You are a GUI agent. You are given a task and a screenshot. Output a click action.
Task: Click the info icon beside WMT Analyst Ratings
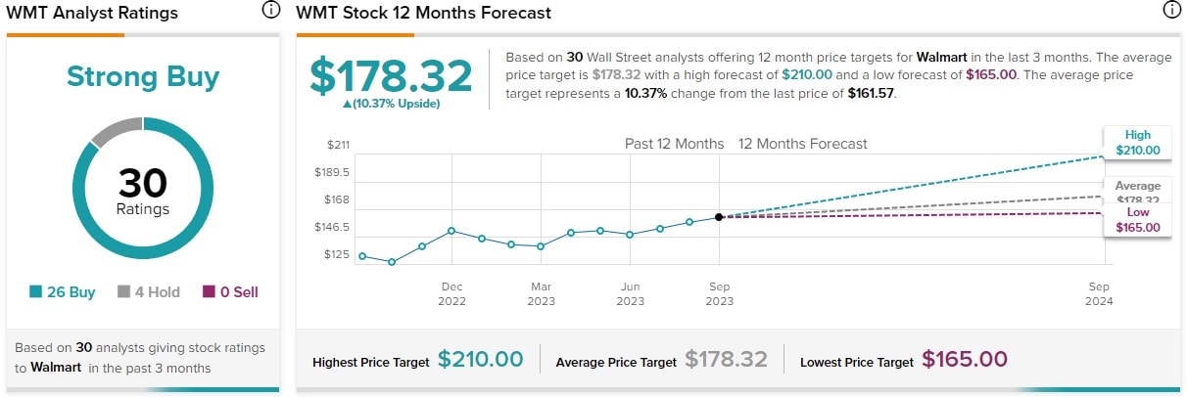[x=270, y=12]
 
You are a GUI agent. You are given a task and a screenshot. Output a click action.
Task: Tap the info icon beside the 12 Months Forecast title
[x=1171, y=12]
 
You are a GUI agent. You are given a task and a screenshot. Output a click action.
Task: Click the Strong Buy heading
[x=143, y=77]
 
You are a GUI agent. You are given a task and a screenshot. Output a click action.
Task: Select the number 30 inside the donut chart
[x=143, y=183]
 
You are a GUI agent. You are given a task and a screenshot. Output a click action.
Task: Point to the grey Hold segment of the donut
[x=116, y=130]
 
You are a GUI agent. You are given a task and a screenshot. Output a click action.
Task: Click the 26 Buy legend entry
[x=63, y=291]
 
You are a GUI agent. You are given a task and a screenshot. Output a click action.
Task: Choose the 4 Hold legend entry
[x=148, y=291]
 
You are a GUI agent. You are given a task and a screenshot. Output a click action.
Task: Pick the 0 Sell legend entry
[x=230, y=291]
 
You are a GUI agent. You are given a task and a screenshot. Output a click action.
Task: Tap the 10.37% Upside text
[x=391, y=104]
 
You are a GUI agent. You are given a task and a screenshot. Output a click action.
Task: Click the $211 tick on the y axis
[x=337, y=145]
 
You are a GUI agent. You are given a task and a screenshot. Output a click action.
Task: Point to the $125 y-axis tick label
[x=337, y=254]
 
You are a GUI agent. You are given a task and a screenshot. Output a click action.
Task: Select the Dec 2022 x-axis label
[x=451, y=293]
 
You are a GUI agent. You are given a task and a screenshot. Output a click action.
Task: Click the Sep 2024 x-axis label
[x=1099, y=293]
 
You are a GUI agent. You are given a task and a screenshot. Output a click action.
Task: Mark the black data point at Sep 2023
[x=719, y=217]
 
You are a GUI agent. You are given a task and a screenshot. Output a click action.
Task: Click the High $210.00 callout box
[x=1137, y=143]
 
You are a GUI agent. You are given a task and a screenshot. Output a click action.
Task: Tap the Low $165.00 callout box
[x=1137, y=220]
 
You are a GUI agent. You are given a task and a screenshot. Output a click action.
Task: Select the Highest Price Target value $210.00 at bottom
[x=480, y=360]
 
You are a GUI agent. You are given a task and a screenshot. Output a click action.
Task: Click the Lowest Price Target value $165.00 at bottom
[x=964, y=360]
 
